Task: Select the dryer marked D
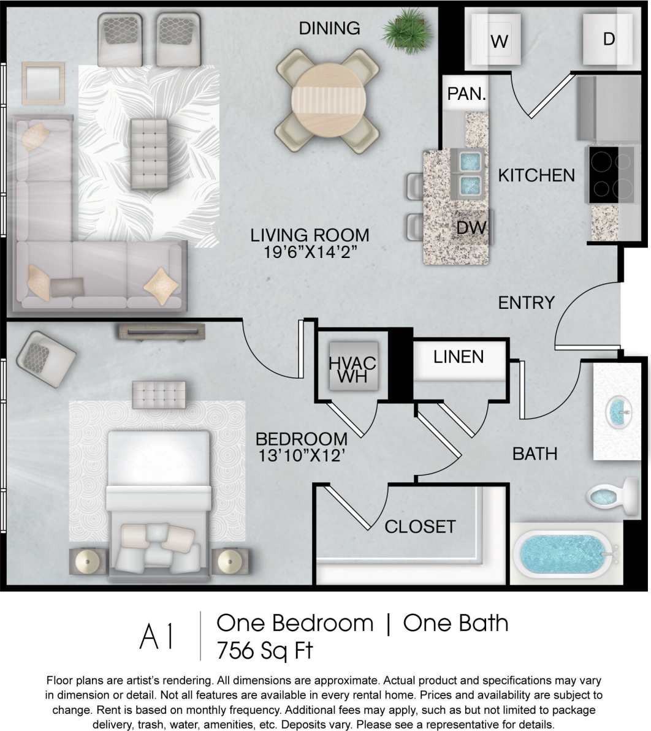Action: click(x=608, y=39)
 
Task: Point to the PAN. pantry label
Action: click(x=466, y=94)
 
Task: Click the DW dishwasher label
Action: click(x=471, y=228)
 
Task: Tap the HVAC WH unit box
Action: click(x=352, y=368)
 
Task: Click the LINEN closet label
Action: click(x=459, y=357)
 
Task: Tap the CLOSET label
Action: click(x=420, y=526)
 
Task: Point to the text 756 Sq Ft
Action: click(x=265, y=650)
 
